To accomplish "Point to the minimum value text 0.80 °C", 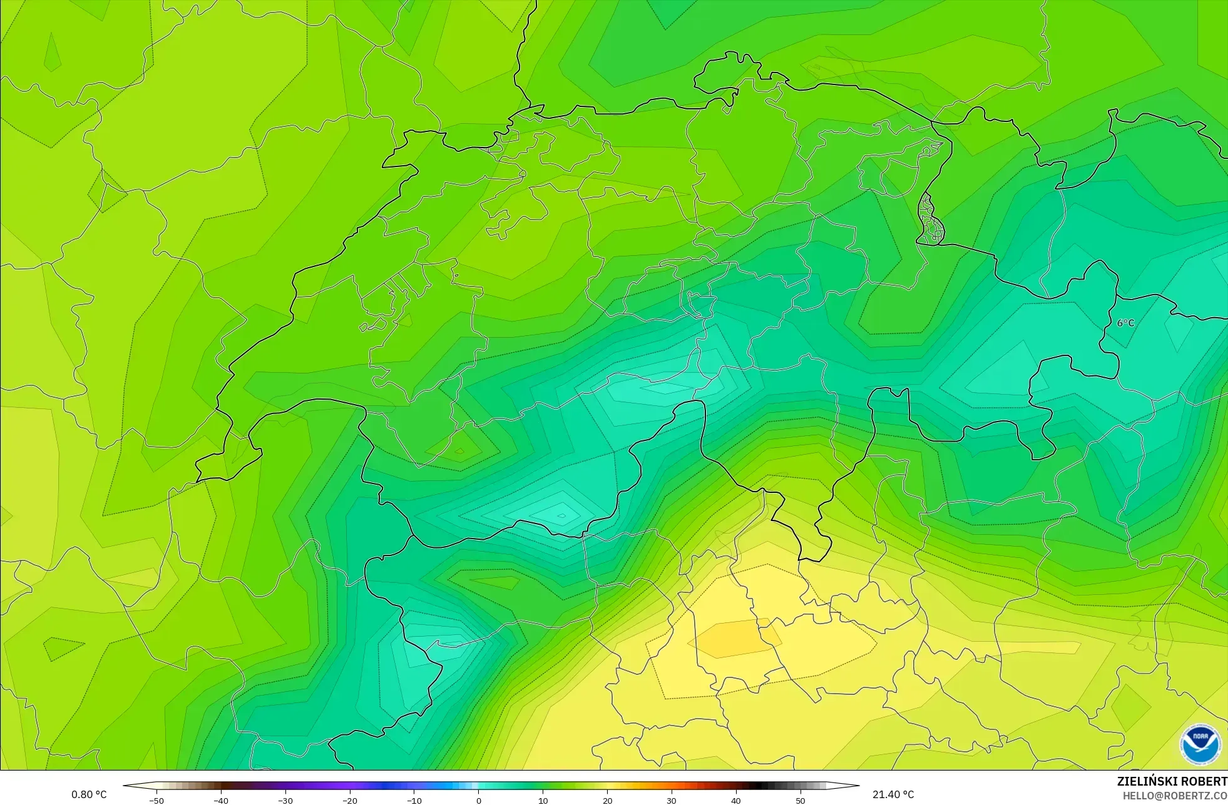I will (89, 794).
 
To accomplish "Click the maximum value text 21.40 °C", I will (893, 794).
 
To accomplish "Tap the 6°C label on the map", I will (1125, 323).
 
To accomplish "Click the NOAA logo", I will (1200, 744).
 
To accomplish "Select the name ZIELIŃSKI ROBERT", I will (1172, 781).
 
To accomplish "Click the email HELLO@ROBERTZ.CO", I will (1174, 796).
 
